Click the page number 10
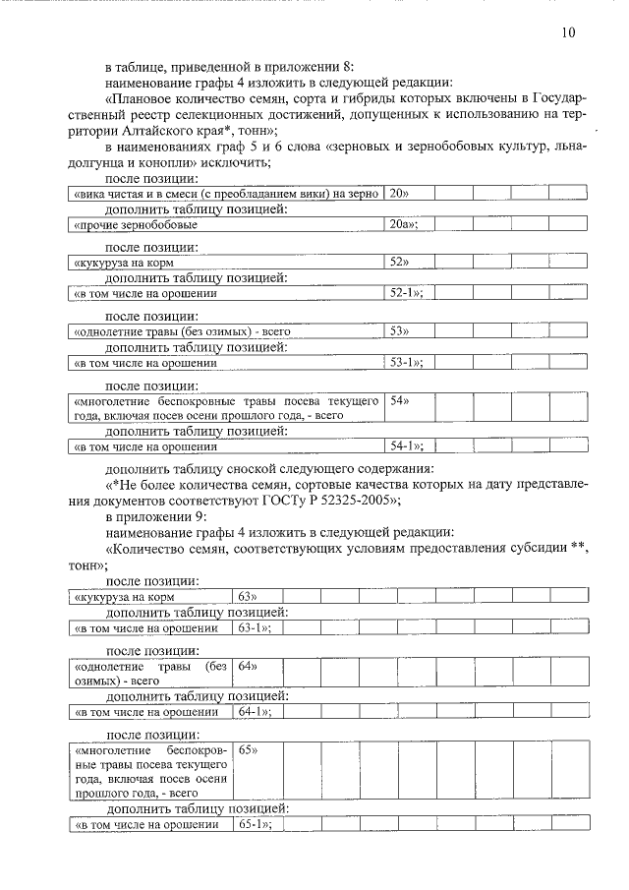tap(569, 32)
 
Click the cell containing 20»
tap(399, 194)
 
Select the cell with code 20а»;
tap(404, 225)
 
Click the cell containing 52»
tap(399, 263)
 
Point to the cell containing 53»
tap(399, 331)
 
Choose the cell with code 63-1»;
tap(254, 627)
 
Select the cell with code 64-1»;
tap(254, 711)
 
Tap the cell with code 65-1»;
tap(254, 824)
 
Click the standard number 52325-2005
tap(358, 500)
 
